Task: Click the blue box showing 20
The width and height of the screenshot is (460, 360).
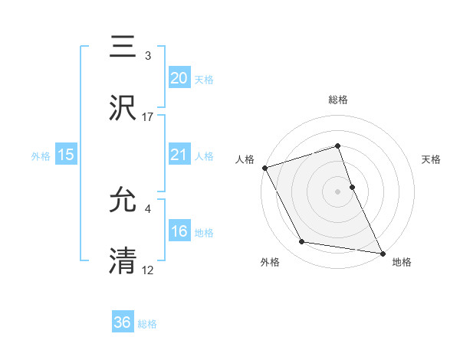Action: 179,78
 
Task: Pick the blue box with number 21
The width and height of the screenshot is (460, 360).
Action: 179,155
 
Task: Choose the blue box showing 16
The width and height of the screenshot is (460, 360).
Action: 179,231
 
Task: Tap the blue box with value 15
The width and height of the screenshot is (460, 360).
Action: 66,155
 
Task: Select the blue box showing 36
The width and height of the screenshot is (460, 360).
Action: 123,322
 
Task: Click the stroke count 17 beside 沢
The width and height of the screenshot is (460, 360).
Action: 148,117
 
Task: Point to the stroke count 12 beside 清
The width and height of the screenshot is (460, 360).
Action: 148,270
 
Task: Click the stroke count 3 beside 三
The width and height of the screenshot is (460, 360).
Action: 148,56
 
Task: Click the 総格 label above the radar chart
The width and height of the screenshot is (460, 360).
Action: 338,100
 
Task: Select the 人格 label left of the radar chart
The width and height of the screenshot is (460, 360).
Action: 245,159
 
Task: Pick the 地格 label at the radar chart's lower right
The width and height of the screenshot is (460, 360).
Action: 402,263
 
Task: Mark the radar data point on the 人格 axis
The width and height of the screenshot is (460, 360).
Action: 264,167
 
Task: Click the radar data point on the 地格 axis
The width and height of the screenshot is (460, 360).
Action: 382,253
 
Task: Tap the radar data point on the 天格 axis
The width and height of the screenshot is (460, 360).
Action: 352,186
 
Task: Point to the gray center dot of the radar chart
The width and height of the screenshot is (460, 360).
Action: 338,191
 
